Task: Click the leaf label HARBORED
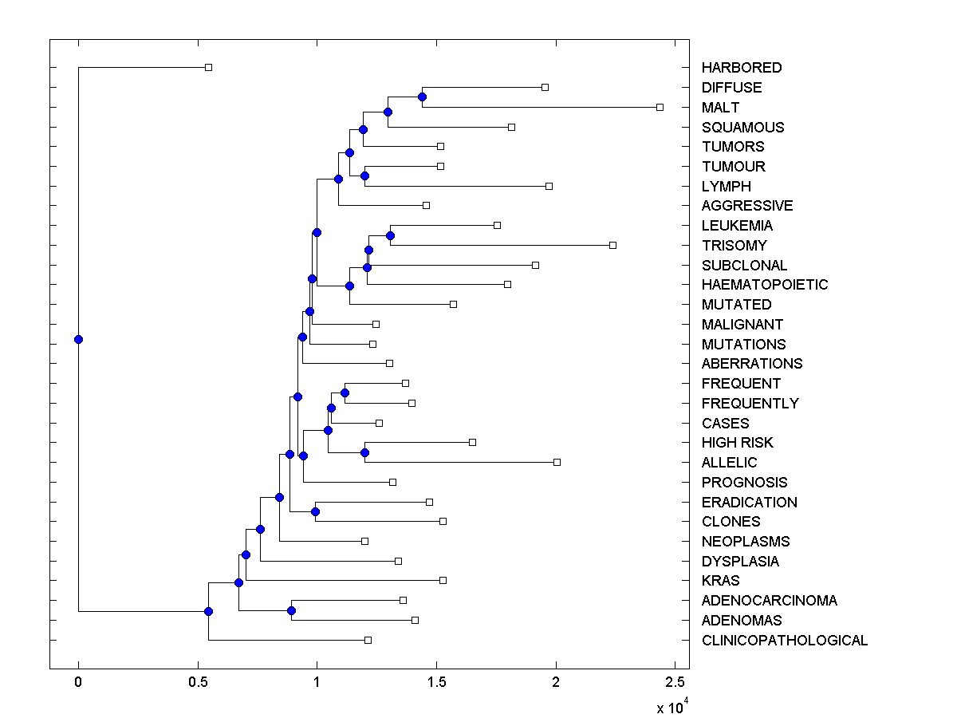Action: [x=741, y=68]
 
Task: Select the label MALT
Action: [x=720, y=108]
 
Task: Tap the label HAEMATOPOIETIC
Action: [x=764, y=285]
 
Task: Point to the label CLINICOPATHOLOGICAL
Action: [x=784, y=641]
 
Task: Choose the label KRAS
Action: [x=720, y=581]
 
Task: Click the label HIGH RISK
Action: [x=737, y=443]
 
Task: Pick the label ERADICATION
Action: [x=749, y=503]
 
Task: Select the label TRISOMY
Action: [x=734, y=246]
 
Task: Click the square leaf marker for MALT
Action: [x=660, y=107]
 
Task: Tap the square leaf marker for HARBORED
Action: [x=208, y=67]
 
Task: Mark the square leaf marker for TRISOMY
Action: [x=612, y=245]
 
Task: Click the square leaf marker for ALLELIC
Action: [x=557, y=462]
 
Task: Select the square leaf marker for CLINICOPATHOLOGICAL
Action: [x=368, y=640]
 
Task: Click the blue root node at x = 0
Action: [x=78, y=339]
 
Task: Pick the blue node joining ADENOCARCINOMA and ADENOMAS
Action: [x=291, y=610]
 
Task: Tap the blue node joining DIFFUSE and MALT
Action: [x=422, y=97]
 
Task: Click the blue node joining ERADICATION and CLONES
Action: [x=315, y=511]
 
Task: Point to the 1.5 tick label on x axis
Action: [x=436, y=682]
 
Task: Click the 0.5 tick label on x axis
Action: [x=198, y=682]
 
